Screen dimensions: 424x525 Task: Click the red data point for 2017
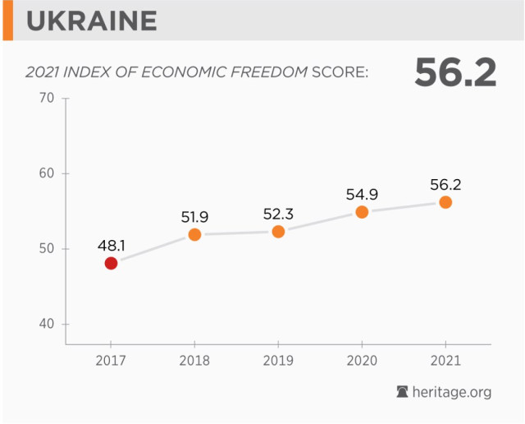[111, 263]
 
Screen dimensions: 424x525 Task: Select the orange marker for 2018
[194, 234]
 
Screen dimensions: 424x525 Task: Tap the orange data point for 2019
[278, 232]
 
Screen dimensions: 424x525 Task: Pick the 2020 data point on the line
[362, 212]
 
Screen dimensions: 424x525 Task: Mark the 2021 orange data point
[445, 202]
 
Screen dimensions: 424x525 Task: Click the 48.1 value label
[111, 245]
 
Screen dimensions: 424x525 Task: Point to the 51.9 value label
[194, 217]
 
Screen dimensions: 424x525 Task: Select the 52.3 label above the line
[278, 214]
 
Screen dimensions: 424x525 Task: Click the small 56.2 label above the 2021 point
[445, 184]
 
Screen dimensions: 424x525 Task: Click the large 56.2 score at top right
[455, 72]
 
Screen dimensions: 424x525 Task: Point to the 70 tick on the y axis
[46, 99]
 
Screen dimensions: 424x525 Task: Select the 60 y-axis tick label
[46, 173]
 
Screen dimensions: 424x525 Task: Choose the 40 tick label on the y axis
[46, 324]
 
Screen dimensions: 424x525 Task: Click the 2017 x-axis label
[111, 360]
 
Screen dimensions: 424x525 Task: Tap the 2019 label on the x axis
[278, 360]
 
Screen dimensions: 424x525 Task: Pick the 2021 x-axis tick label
[445, 360]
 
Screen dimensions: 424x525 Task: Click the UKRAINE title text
[91, 20]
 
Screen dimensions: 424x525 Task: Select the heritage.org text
[452, 392]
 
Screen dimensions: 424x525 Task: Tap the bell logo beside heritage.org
[403, 392]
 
